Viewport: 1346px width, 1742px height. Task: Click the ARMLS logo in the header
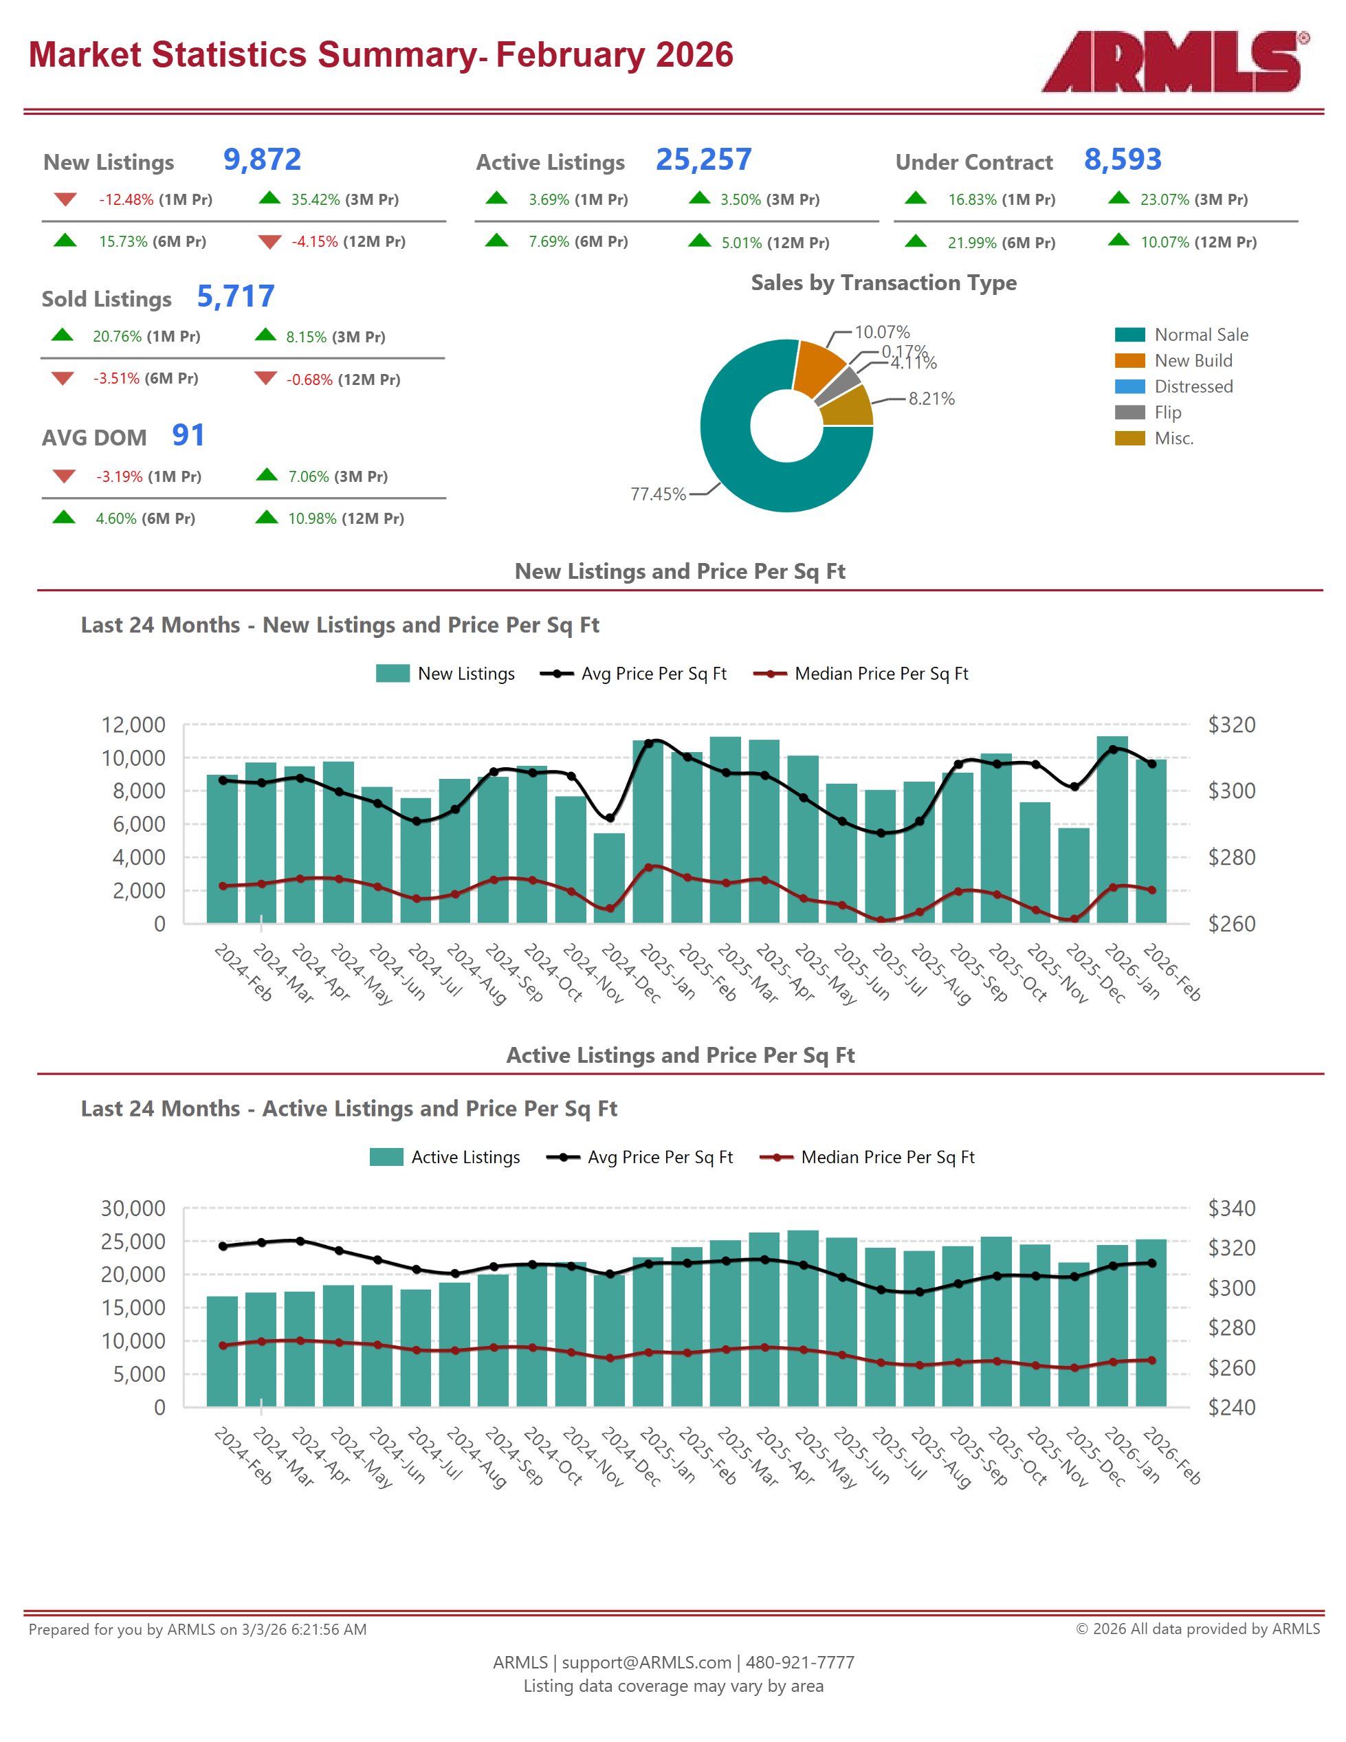1173,61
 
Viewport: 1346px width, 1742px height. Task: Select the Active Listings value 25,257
703,159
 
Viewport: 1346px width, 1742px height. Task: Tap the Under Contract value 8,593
1122,159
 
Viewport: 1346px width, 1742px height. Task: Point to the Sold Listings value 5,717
235,297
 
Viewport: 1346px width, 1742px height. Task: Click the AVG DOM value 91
188,436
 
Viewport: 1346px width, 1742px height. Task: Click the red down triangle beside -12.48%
65,199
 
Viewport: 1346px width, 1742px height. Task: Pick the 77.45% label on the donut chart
657,494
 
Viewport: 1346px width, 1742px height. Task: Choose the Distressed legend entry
1193,387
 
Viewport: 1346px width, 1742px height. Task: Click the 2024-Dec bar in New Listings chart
609,877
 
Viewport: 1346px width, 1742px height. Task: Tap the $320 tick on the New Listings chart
1231,725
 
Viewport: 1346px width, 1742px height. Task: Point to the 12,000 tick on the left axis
133,725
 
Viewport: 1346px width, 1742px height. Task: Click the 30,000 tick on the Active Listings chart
133,1209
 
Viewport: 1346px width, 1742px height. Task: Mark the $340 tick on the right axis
1231,1209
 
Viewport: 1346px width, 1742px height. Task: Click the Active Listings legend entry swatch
386,1158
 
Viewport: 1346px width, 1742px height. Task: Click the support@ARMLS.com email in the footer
646,1663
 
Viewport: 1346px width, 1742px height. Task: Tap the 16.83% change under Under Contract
971,199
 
